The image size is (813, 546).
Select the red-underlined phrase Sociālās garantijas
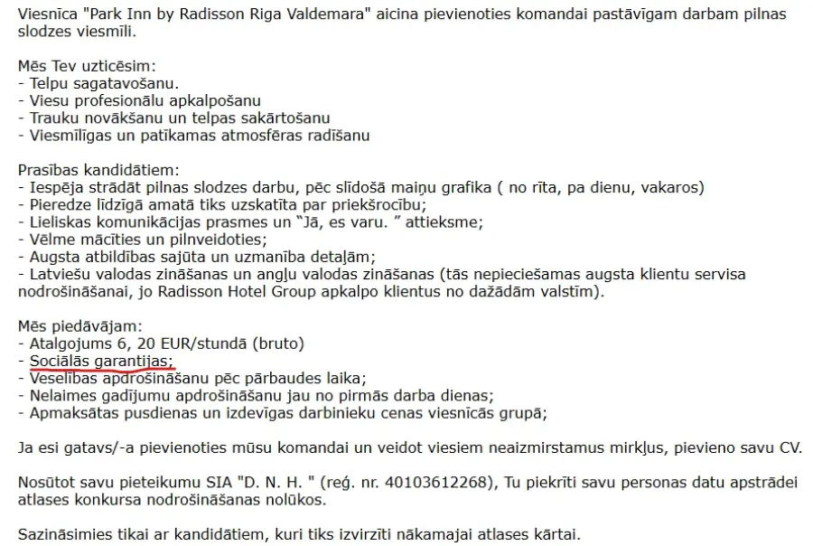[x=101, y=360]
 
